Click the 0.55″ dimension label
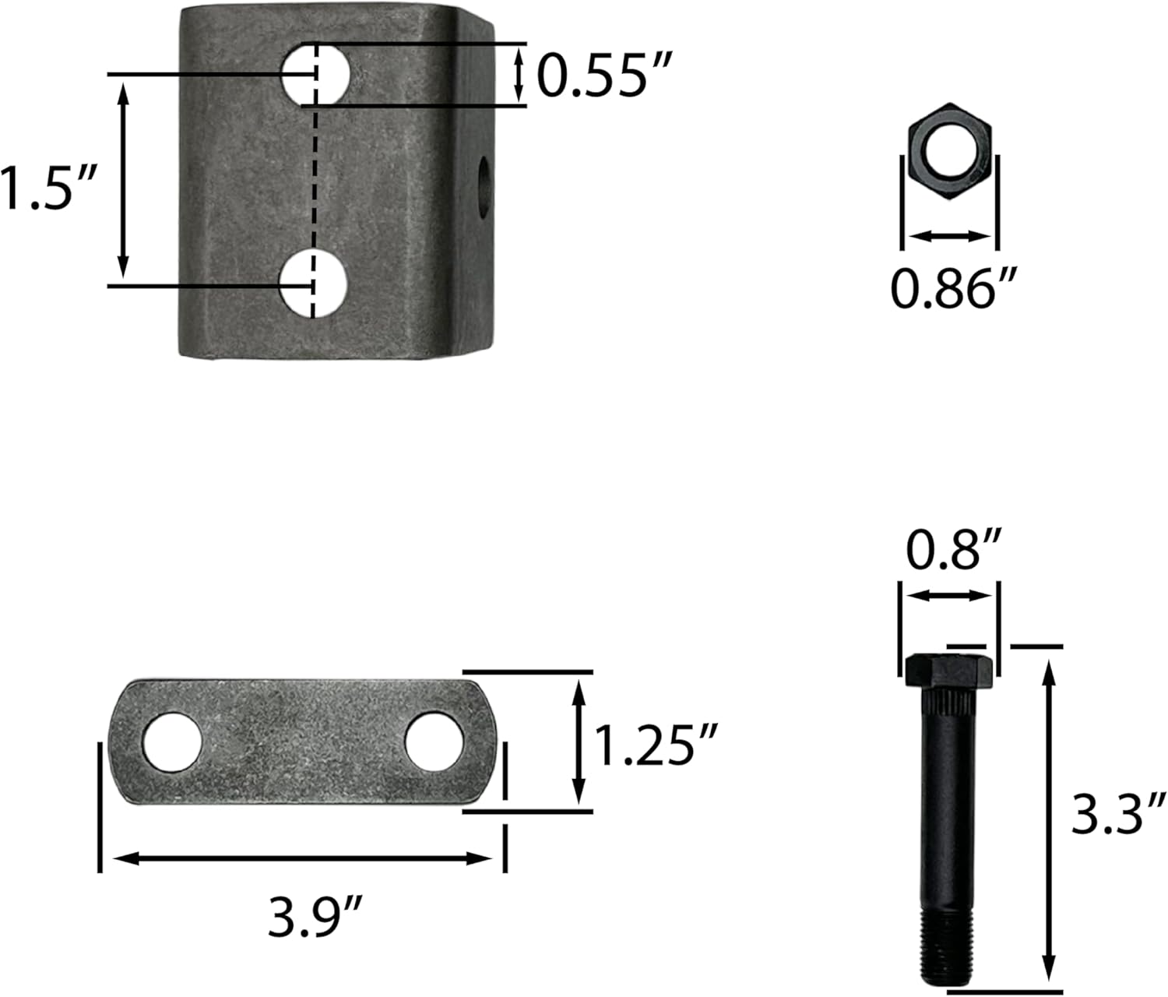pyautogui.click(x=604, y=75)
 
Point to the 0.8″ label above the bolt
pyautogui.click(x=954, y=549)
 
